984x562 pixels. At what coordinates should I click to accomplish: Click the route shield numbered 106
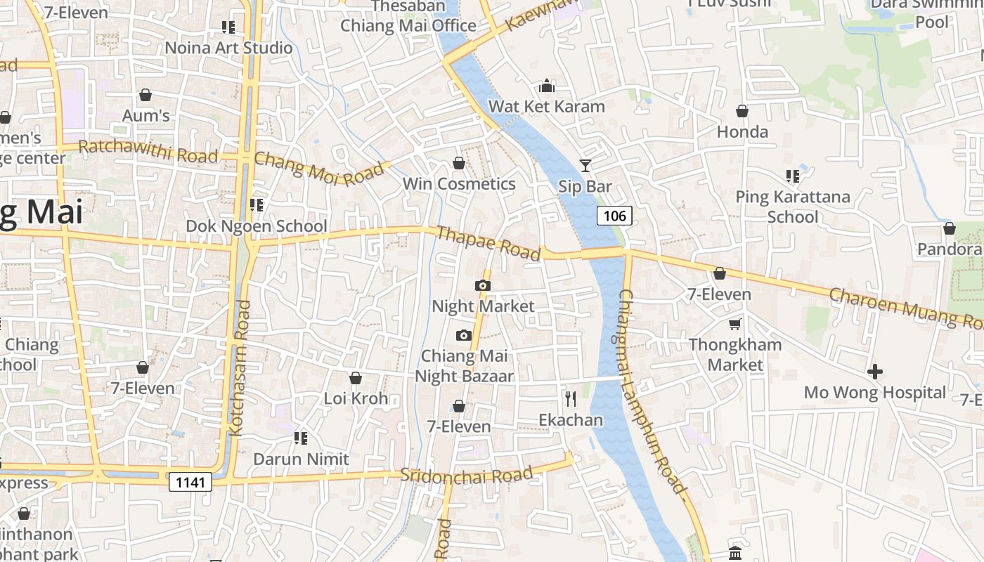pos(614,216)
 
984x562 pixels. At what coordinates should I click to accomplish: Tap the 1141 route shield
pos(190,481)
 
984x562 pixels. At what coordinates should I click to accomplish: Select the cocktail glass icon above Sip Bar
pos(585,166)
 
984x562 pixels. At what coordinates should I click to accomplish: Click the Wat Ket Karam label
pos(546,107)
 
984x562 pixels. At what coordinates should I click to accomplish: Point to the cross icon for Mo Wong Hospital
pos(875,371)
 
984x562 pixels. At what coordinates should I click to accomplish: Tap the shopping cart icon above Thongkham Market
pos(734,324)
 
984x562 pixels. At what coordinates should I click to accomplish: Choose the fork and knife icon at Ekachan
pos(571,399)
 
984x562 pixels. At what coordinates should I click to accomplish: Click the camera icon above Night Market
pos(482,285)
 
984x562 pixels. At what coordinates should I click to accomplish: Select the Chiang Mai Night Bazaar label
pos(464,366)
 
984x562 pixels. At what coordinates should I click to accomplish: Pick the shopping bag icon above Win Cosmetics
pos(459,163)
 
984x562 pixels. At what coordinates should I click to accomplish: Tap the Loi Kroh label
pos(356,398)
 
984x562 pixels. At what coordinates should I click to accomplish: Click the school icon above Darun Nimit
pos(301,438)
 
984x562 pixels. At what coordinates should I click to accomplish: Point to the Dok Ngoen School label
pos(257,226)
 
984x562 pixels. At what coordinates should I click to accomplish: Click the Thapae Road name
pos(488,242)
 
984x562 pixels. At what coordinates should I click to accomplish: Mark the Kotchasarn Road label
pos(240,368)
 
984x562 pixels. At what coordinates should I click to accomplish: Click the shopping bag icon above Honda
pos(742,111)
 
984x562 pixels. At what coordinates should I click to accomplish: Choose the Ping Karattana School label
pos(792,207)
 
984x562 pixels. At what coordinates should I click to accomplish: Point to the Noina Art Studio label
pos(228,48)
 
